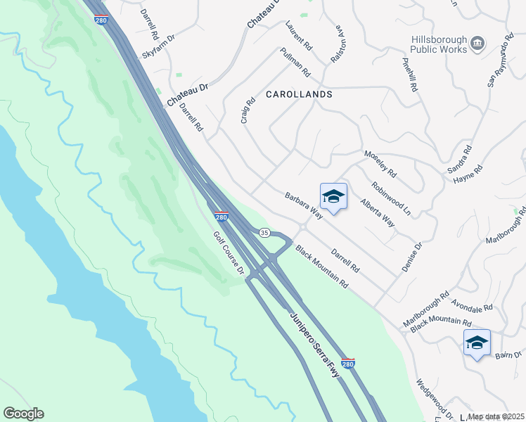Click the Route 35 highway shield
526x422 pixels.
tap(264, 232)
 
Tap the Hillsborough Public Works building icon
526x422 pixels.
tap(477, 44)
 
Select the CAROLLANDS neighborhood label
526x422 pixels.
tap(299, 94)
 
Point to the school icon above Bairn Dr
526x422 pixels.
tap(477, 343)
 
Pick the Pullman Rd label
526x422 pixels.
tap(295, 62)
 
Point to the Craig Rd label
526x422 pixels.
tap(248, 110)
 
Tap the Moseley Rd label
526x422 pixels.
tap(380, 164)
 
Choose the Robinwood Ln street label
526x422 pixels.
tap(391, 198)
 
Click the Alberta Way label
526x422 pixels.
tap(378, 212)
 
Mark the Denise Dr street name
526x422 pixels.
tap(417, 256)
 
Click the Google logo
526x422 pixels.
tap(24, 414)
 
